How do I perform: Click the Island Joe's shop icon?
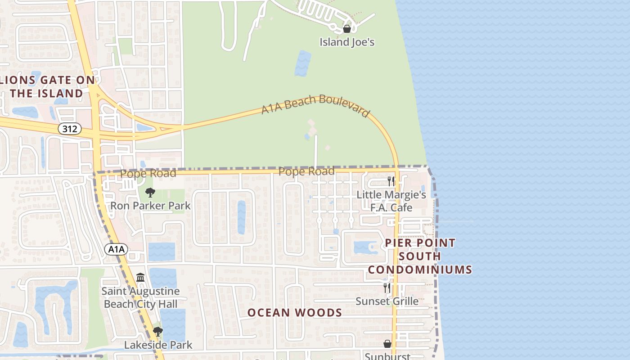[x=347, y=29]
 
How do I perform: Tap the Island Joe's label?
[x=347, y=42]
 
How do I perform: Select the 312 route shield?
[x=70, y=129]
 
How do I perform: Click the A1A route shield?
[x=117, y=249]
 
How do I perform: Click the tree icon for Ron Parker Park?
[x=150, y=193]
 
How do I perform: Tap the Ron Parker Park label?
[x=150, y=206]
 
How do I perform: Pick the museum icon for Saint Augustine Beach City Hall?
[x=140, y=278]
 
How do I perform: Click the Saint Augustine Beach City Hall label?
[x=140, y=297]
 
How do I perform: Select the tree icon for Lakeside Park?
[x=157, y=332]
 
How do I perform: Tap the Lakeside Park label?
[x=158, y=345]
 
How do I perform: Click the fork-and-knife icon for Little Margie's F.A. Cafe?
[x=391, y=181]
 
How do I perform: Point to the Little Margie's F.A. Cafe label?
[x=391, y=201]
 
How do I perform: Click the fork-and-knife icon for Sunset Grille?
[x=387, y=288]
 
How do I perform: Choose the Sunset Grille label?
[x=387, y=301]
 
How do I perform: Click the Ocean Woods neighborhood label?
[x=295, y=312]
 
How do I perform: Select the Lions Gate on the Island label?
[x=47, y=87]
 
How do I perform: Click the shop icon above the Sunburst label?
[x=387, y=344]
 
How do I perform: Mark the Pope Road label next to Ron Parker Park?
[x=148, y=173]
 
